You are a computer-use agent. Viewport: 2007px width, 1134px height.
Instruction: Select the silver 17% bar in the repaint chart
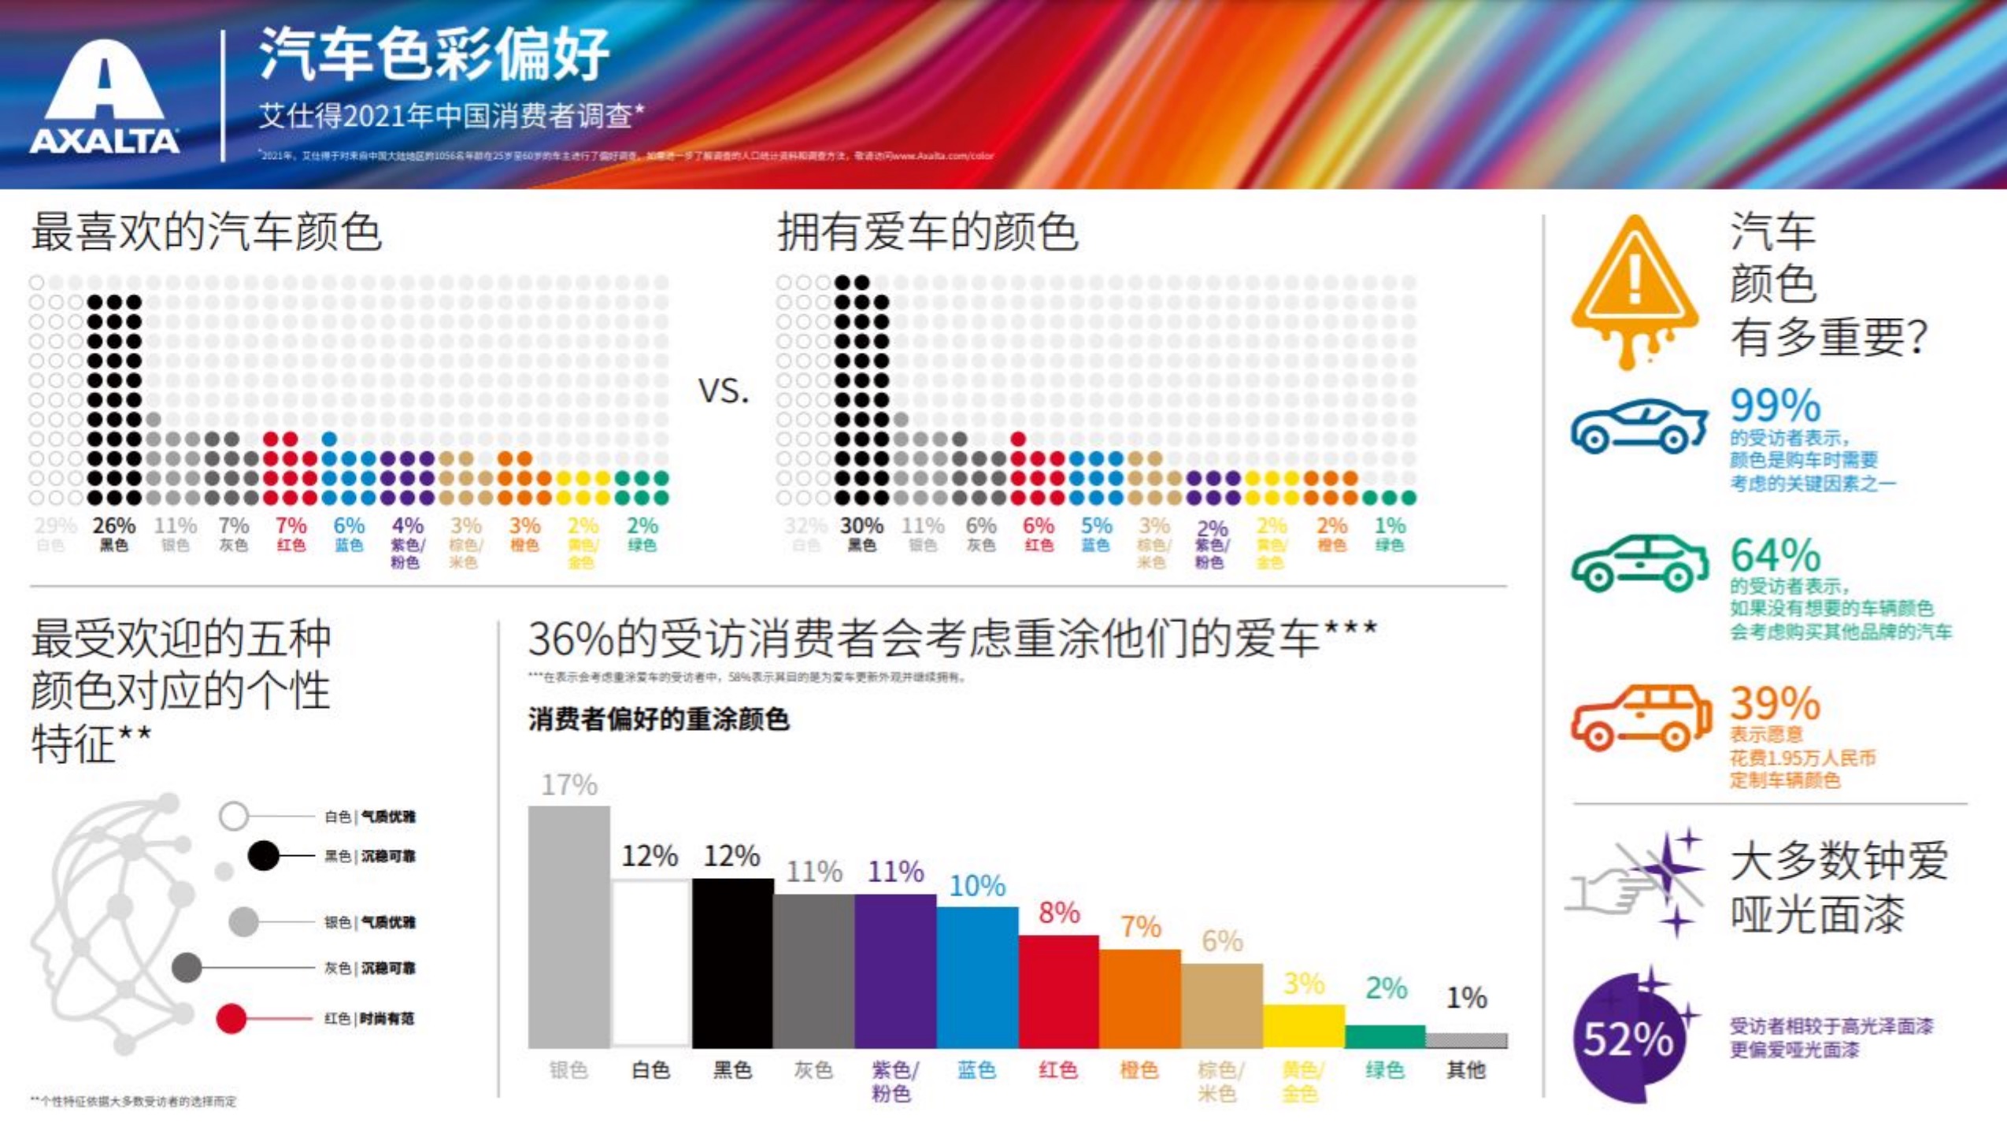(x=568, y=925)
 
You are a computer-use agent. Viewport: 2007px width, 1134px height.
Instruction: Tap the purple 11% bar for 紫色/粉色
(x=895, y=970)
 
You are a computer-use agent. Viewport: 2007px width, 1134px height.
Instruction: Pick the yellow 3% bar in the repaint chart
(x=1304, y=1025)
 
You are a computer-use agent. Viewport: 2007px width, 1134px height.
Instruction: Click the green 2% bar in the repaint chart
(x=1385, y=1036)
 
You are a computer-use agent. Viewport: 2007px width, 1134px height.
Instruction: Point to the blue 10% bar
(x=977, y=976)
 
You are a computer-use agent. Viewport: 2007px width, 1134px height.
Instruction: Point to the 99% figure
(x=1775, y=406)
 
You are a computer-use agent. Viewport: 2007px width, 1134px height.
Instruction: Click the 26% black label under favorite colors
(x=113, y=525)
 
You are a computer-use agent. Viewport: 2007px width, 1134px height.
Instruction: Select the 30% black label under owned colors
(x=861, y=525)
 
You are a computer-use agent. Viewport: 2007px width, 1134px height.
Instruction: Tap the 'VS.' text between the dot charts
(x=724, y=391)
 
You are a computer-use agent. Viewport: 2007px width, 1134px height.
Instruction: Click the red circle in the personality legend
(x=231, y=1019)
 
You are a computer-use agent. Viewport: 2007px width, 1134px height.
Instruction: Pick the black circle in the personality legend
(x=264, y=855)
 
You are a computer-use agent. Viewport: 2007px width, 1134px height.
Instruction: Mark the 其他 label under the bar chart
(x=1466, y=1069)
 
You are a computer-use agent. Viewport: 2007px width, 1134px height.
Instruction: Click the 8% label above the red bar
(x=1059, y=913)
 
